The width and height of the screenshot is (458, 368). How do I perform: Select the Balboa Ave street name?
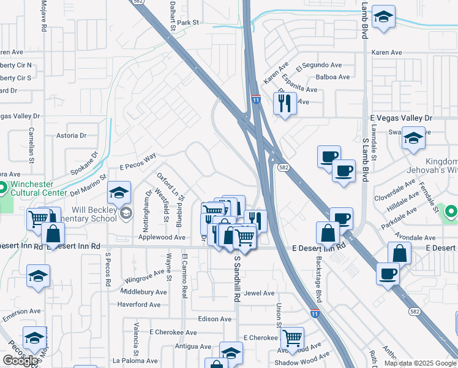point(332,77)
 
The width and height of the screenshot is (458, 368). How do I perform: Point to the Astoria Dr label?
point(71,135)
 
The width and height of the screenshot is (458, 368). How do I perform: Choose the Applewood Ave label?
point(162,237)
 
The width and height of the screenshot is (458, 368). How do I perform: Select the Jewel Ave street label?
point(259,293)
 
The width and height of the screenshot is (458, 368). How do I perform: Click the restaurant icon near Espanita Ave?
point(285,102)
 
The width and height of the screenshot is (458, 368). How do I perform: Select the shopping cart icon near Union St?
point(292,339)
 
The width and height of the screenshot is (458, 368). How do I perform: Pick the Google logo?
point(20,361)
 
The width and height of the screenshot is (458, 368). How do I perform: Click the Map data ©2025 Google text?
point(419,363)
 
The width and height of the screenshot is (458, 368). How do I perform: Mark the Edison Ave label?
point(215,319)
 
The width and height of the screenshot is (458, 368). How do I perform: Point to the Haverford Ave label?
point(138,304)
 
